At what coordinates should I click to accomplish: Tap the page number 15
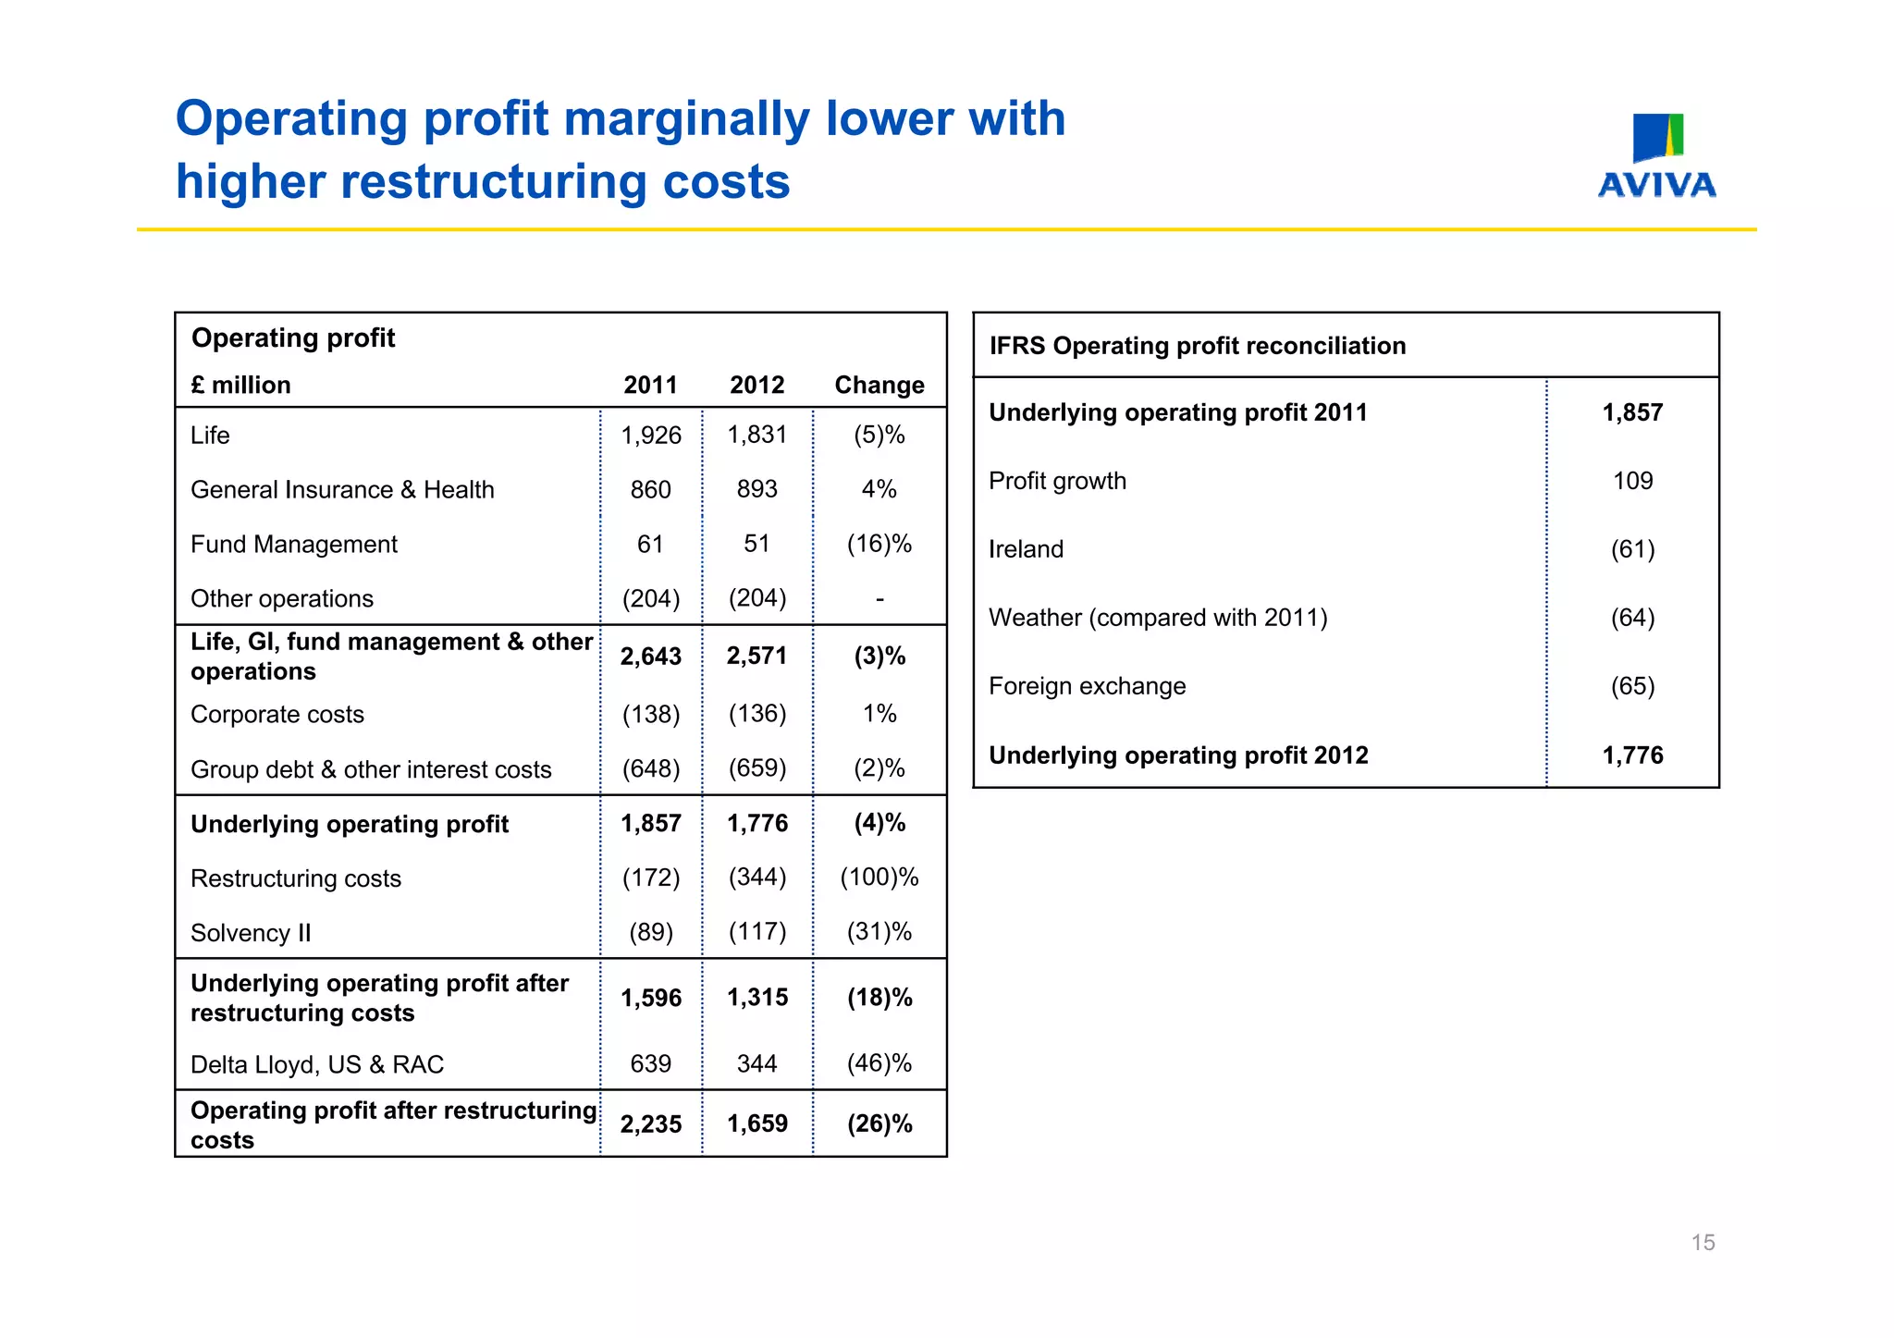1703,1242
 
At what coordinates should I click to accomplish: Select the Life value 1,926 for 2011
650,436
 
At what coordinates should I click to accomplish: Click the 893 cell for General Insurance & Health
756,489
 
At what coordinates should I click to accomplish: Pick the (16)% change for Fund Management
879,544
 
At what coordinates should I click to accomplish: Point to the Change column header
879,385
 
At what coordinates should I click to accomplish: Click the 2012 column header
756,385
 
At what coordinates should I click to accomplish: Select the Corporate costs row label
277,714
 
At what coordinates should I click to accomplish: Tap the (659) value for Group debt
756,768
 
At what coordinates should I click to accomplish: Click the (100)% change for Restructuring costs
879,877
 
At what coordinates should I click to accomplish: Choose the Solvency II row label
251,932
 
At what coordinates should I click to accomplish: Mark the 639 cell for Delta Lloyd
650,1063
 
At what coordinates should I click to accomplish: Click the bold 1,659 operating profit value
756,1123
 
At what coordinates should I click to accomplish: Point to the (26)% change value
879,1123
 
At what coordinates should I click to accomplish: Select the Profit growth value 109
1632,481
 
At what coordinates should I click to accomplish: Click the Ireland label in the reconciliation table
1026,549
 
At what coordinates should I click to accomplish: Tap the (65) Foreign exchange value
1632,686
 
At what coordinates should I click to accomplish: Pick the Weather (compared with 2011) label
1158,618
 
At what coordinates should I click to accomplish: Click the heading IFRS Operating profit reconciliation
1197,346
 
